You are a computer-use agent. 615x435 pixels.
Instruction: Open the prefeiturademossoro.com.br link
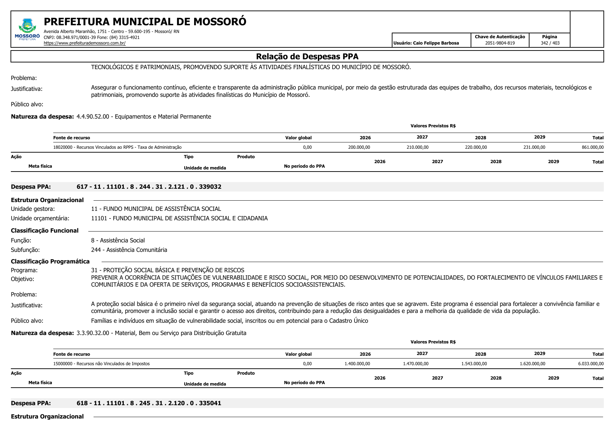84,43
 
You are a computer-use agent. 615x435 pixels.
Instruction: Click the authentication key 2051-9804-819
500,43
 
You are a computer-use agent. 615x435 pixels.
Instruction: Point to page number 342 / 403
550,43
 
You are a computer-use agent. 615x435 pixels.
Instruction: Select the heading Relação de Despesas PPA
307,56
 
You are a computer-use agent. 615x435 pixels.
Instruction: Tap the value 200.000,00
359,147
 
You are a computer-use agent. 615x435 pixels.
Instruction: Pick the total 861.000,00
593,147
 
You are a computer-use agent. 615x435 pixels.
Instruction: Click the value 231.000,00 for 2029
534,147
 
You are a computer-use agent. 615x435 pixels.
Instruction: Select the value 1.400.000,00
357,364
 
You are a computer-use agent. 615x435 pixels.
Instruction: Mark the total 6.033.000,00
591,364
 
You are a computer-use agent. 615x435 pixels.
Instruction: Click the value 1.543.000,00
474,364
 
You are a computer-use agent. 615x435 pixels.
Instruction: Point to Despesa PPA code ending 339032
149,187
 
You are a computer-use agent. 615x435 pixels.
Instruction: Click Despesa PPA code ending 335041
149,403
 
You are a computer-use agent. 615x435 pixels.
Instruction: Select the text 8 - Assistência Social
118,240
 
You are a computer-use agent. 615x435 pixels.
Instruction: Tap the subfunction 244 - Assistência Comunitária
129,250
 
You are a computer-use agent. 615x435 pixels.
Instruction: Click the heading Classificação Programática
50,261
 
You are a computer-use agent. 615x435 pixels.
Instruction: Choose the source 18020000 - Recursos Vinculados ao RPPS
117,147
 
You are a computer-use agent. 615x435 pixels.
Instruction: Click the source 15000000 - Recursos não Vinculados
101,364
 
